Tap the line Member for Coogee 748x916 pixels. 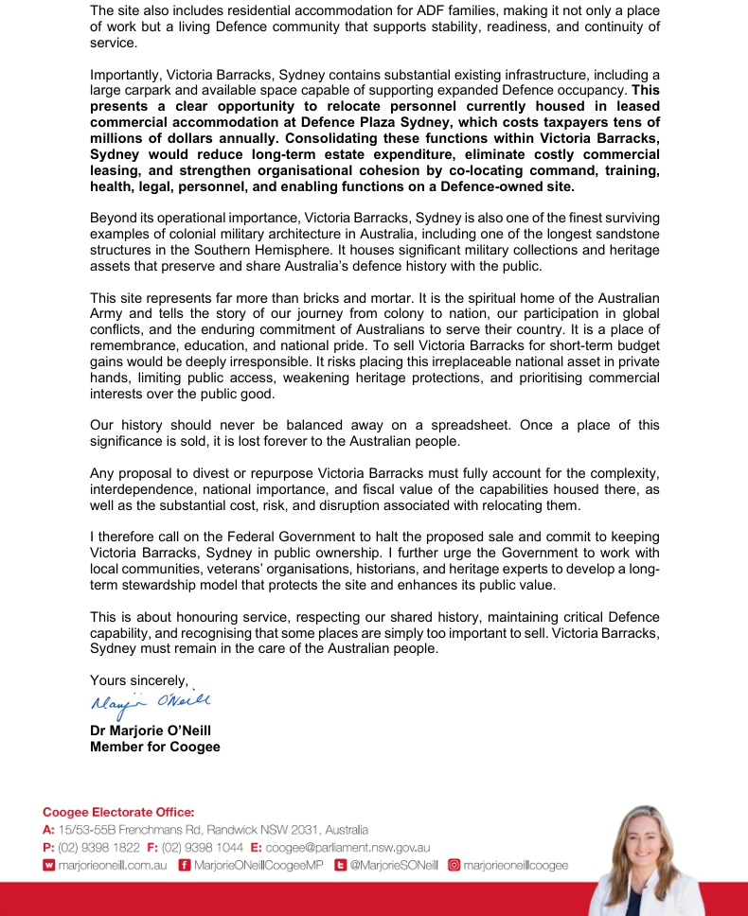click(x=154, y=747)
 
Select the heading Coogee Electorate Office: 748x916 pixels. click(x=117, y=812)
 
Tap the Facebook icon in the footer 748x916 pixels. click(x=185, y=865)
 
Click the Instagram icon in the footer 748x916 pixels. click(x=454, y=865)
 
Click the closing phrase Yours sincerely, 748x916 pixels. click(x=139, y=679)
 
